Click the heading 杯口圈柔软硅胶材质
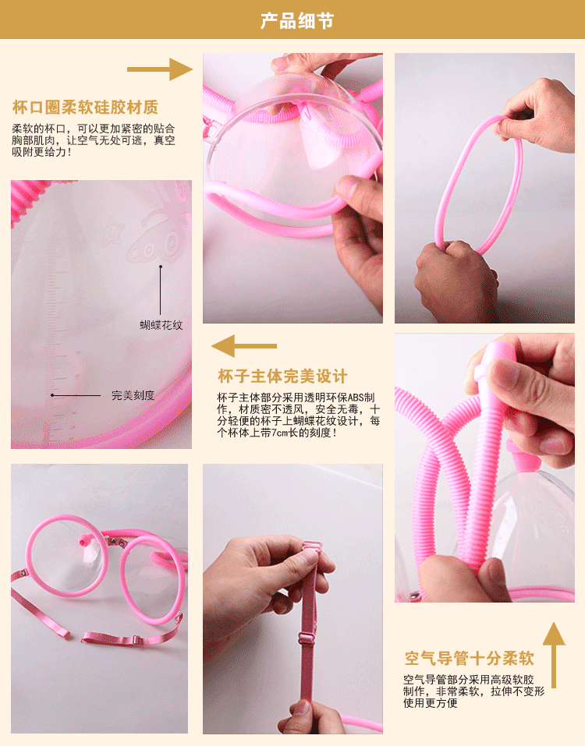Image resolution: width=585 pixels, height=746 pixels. click(85, 107)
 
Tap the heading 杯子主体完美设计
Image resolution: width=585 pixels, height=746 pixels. click(282, 377)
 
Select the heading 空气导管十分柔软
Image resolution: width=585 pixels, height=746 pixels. click(469, 656)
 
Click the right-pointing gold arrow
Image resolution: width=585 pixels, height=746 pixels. click(159, 69)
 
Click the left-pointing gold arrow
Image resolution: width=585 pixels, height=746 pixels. click(244, 345)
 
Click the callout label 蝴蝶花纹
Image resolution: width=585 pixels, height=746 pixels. click(161, 325)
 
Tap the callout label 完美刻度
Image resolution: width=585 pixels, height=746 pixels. click(133, 395)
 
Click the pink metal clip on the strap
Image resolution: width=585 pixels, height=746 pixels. click(310, 560)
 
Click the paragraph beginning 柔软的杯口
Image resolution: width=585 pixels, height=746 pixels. click(94, 140)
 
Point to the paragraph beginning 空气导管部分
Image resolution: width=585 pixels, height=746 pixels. click(474, 691)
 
